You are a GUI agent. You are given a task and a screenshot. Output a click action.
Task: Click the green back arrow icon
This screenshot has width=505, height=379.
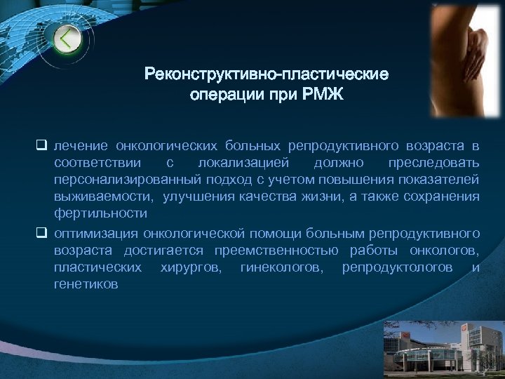pos(67,39)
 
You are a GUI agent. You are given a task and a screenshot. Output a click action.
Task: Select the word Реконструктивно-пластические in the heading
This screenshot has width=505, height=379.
pos(267,74)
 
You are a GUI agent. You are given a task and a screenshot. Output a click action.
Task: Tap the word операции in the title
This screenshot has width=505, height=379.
pos(221,94)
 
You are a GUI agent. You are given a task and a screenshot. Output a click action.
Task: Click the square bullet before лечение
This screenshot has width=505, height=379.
pos(41,146)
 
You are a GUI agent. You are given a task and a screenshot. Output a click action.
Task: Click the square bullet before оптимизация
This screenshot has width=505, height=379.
pos(41,232)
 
